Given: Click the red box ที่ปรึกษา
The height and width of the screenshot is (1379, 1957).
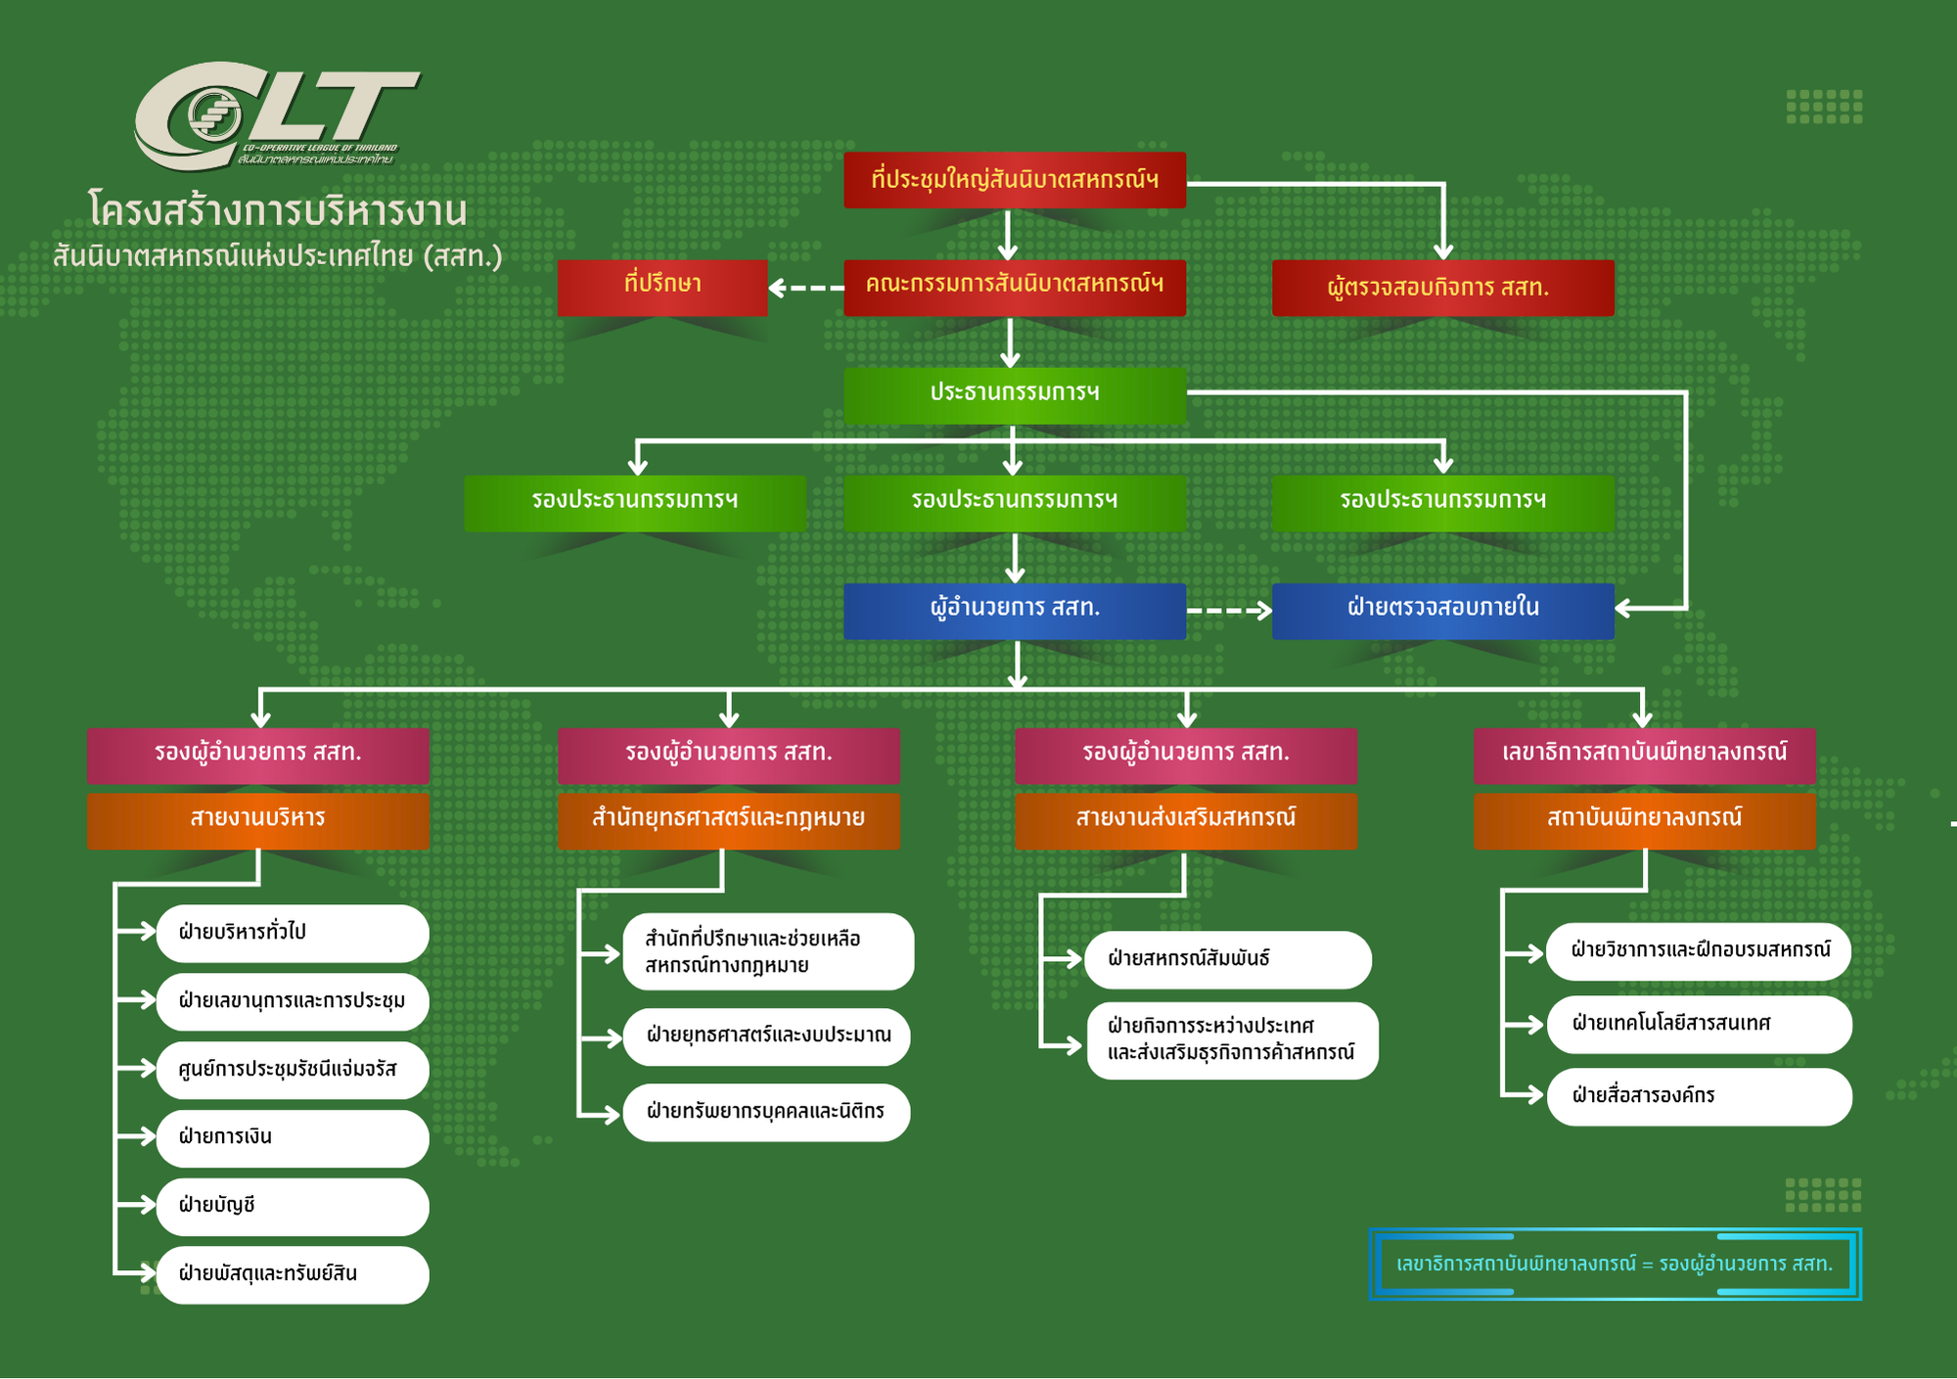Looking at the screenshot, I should [x=662, y=287].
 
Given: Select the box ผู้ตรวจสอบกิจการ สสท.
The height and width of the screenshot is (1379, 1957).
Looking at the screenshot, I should [x=1442, y=288].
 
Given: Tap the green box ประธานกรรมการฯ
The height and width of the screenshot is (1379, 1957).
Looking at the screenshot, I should [x=1015, y=394].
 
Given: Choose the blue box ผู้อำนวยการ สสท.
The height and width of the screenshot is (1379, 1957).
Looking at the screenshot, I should [x=1015, y=610].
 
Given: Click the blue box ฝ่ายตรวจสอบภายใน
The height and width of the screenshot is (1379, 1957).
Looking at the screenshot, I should [x=1442, y=610].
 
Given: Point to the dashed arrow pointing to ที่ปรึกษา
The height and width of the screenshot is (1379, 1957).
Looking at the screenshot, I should [x=806, y=288].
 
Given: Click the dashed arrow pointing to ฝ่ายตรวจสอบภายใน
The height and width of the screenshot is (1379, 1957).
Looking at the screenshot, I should [x=1229, y=611].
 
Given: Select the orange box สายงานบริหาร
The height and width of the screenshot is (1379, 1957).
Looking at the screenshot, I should [x=258, y=819].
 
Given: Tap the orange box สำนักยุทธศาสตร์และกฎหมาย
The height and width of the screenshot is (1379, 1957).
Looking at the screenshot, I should [x=728, y=819].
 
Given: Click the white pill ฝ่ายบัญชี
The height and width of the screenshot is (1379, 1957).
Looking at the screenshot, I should [x=292, y=1206].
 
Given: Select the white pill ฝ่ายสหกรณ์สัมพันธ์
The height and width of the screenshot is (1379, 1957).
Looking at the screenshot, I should [x=1227, y=959].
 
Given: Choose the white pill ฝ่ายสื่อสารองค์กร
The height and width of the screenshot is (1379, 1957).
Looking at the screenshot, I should [x=1699, y=1096].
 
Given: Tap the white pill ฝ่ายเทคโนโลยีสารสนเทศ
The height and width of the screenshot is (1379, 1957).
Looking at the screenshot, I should [x=1699, y=1025].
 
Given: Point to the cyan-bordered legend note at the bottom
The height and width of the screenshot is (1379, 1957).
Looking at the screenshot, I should [x=1615, y=1264].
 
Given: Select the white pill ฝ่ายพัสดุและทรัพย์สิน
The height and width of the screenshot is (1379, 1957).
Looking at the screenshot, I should [x=292, y=1274].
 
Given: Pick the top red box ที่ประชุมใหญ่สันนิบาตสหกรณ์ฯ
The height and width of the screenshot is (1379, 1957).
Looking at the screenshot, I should [x=1015, y=180].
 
